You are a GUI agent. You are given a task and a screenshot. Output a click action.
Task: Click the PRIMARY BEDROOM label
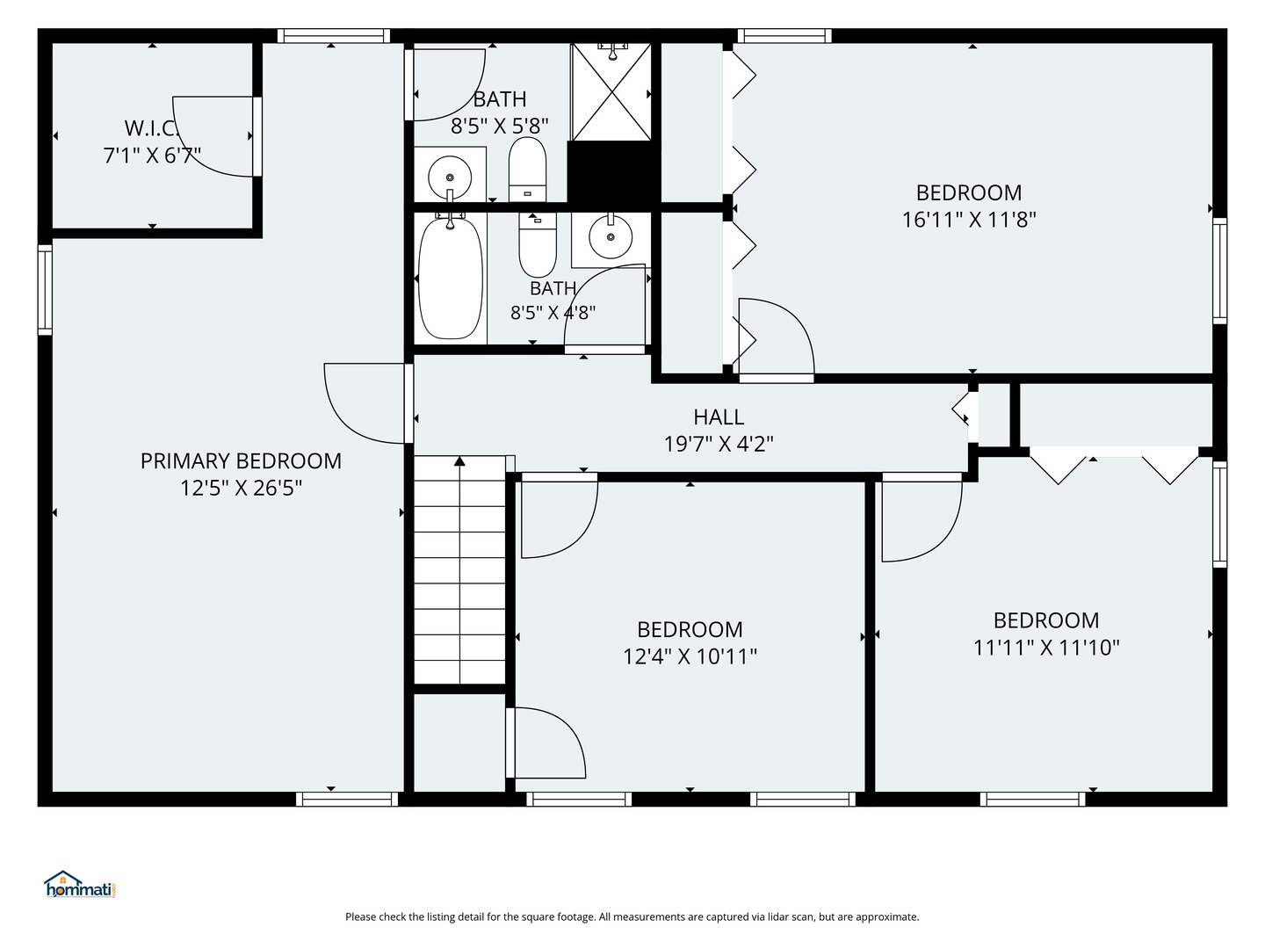(241, 461)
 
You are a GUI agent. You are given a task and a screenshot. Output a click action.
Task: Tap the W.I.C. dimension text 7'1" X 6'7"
(152, 156)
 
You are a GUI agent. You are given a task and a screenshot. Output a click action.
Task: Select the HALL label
(719, 417)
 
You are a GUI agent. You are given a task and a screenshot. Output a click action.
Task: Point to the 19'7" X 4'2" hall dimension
(719, 445)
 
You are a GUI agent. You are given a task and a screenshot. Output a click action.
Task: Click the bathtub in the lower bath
(450, 279)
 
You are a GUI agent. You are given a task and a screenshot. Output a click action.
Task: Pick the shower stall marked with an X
(611, 92)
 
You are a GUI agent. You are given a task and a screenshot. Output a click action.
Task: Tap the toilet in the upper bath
(527, 169)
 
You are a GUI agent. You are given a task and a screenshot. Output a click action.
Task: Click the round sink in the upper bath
(450, 177)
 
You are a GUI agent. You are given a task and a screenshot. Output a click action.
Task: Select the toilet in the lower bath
(537, 245)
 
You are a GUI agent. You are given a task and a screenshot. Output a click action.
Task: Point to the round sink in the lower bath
(611, 237)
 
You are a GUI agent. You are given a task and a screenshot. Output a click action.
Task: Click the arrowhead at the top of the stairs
(459, 461)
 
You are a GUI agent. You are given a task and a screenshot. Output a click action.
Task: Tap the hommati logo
(80, 884)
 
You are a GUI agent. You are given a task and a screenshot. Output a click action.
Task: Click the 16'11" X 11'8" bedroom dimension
(969, 220)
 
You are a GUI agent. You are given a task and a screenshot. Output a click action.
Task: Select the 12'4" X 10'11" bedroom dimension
(690, 656)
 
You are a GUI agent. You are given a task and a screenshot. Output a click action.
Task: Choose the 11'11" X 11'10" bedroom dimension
(1046, 648)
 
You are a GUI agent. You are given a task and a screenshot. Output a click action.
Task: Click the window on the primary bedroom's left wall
(45, 290)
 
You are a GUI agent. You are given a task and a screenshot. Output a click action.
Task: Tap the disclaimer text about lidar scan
(632, 916)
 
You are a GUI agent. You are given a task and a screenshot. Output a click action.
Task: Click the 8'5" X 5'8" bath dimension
(499, 126)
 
